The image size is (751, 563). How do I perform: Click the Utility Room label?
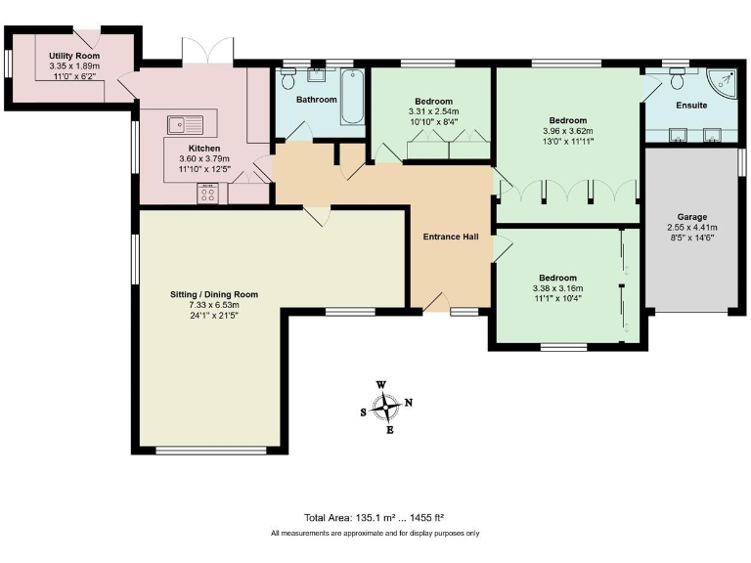[x=74, y=56]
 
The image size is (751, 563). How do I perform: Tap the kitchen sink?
[x=186, y=125]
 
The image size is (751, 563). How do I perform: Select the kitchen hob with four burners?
[x=208, y=194]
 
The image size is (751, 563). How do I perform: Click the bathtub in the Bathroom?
[x=352, y=97]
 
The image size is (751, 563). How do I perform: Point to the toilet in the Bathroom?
[x=288, y=78]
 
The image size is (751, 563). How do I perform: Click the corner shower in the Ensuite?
[x=722, y=83]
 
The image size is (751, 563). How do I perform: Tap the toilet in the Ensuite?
[x=678, y=78]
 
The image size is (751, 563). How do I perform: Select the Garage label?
[x=692, y=217]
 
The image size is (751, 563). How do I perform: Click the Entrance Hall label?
[x=451, y=237]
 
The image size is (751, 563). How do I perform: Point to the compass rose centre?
[x=385, y=407]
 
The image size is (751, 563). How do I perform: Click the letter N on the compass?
[x=409, y=402]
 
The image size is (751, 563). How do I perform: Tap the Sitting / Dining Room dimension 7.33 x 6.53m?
[x=214, y=305]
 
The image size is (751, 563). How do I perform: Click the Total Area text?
[x=375, y=517]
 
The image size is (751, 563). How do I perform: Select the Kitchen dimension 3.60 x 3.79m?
[x=204, y=158]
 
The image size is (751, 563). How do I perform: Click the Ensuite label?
[x=691, y=106]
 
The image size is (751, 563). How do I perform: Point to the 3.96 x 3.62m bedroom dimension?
[x=568, y=131]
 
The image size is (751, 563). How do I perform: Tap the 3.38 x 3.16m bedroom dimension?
[x=558, y=288]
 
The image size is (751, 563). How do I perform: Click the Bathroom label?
[x=317, y=100]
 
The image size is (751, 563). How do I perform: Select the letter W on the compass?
[x=381, y=385]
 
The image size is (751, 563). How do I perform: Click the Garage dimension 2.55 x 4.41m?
[x=692, y=228]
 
